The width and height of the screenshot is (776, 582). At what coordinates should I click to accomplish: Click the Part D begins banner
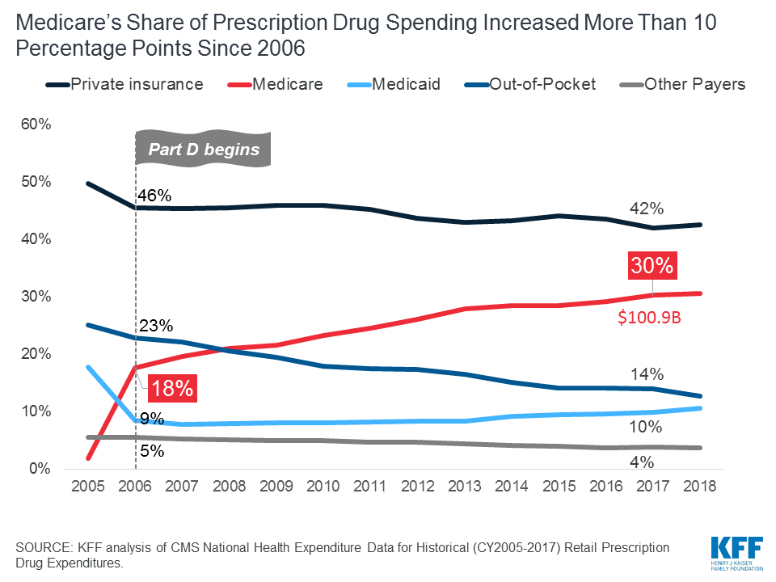coord(203,149)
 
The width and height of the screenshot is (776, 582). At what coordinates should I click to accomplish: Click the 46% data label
coord(154,195)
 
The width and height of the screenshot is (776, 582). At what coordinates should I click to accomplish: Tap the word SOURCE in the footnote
coord(46,547)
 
